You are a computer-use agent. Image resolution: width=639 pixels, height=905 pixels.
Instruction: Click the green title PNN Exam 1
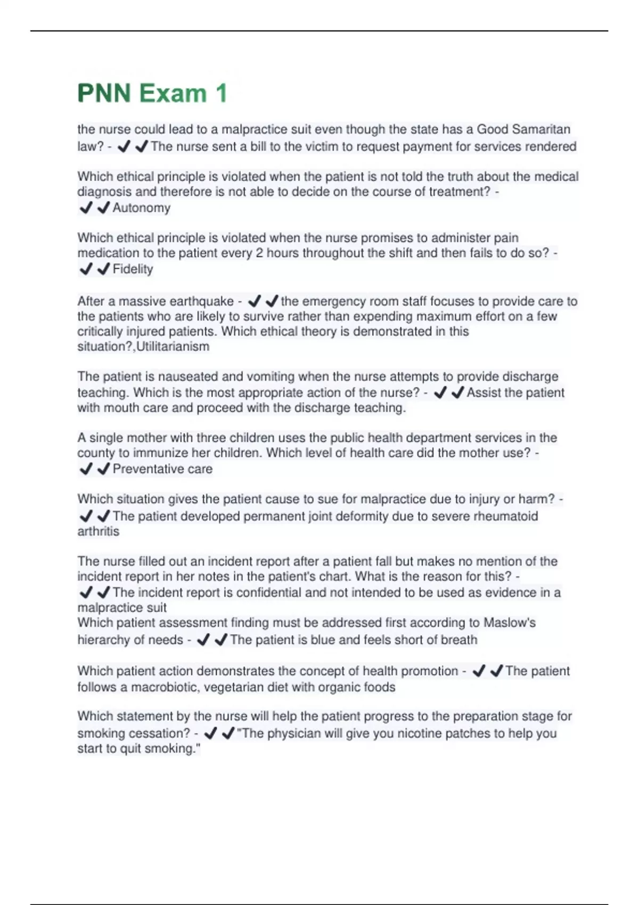(x=152, y=93)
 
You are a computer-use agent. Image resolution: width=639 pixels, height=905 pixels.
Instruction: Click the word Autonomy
(x=141, y=208)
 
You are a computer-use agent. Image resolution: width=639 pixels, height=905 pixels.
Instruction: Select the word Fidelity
(x=133, y=269)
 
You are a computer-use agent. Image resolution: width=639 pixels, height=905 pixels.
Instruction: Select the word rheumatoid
(x=505, y=516)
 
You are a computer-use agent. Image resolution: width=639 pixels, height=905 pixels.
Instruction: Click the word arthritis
(x=99, y=531)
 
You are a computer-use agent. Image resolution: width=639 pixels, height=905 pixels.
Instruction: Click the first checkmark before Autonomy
(x=86, y=208)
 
